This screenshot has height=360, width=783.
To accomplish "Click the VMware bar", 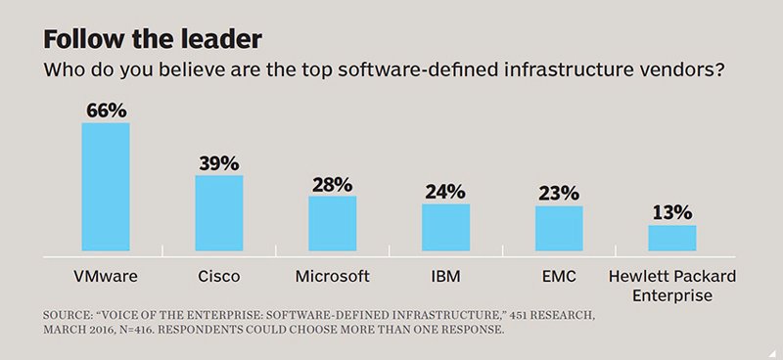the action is tap(106, 187).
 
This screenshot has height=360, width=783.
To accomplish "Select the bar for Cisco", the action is tap(219, 212).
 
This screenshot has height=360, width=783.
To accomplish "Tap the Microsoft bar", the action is tap(333, 223).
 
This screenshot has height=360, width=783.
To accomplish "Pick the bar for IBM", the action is tap(446, 227).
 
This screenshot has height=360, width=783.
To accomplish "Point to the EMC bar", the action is tap(559, 228).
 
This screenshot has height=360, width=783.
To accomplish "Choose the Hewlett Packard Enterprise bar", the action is tap(672, 238).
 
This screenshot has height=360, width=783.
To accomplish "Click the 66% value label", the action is tap(107, 111).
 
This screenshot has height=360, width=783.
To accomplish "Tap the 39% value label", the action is tap(219, 163).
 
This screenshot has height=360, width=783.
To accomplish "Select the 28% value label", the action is tap(333, 185).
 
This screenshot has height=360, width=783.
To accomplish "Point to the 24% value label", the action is tap(445, 193).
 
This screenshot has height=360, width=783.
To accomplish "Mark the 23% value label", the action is tap(559, 194).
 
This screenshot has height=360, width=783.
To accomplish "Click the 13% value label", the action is tap(672, 213).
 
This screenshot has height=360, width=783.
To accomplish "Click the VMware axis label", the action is tap(106, 276).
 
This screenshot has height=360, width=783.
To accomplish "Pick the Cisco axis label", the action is tap(219, 276).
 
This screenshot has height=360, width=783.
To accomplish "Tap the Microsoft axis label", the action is tap(333, 276).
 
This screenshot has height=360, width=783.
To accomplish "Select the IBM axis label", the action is tap(446, 276).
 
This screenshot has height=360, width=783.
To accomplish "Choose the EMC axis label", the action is tap(559, 276).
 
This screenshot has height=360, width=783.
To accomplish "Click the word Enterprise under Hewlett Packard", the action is tap(672, 295).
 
